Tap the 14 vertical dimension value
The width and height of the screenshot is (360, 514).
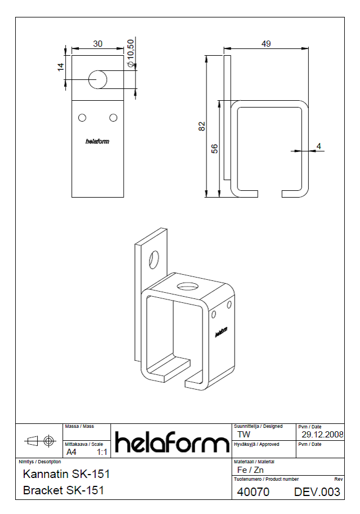click(60, 67)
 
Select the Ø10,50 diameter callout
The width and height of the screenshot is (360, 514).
click(131, 55)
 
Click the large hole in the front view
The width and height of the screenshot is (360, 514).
click(98, 79)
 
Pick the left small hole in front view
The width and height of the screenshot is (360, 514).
click(82, 117)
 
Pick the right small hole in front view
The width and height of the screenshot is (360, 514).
click(113, 117)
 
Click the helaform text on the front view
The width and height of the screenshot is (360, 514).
click(97, 142)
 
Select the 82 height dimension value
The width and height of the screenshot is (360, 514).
click(202, 126)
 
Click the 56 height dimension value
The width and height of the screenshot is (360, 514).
click(214, 149)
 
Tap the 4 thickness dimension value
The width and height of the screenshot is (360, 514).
click(319, 146)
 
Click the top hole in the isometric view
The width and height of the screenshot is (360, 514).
click(185, 286)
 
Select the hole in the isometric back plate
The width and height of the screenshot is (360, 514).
click(153, 260)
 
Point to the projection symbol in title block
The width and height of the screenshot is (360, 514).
click(39, 439)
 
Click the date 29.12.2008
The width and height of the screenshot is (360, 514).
click(322, 435)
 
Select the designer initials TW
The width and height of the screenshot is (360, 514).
click(244, 435)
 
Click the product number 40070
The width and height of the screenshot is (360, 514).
click(253, 492)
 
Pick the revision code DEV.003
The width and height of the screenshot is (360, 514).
click(317, 492)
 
